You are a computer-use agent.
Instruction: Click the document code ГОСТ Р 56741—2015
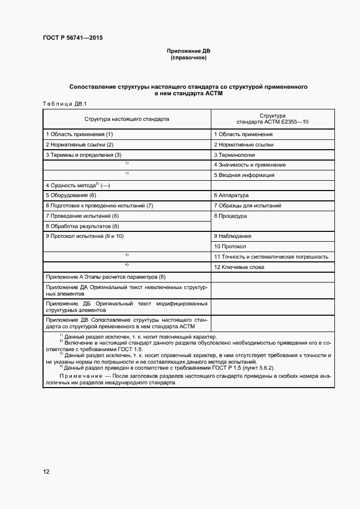[x=72, y=38]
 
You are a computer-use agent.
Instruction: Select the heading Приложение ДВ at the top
[x=188, y=51]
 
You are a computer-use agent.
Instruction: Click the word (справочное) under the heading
[x=188, y=58]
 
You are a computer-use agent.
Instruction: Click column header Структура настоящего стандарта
[x=126, y=118]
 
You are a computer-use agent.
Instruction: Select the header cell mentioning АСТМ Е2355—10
[x=272, y=119]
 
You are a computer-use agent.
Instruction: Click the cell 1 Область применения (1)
[x=80, y=134]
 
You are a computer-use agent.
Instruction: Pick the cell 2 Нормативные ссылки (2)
[x=80, y=144]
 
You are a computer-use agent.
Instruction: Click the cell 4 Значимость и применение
[x=249, y=164]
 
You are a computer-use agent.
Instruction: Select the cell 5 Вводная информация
[x=243, y=175]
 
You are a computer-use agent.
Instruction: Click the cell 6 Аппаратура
[x=231, y=195]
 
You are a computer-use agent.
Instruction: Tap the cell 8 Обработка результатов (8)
[x=82, y=226]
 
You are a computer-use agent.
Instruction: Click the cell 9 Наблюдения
[x=233, y=236]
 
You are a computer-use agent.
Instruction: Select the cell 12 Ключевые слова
[x=239, y=267]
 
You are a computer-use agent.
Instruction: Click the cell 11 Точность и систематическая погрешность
[x=271, y=256]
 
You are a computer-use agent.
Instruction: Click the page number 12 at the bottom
[x=46, y=471]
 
